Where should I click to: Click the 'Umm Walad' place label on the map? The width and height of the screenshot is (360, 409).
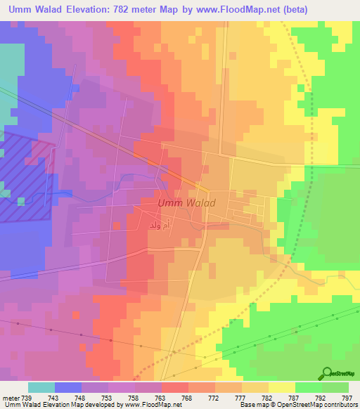pyautogui.click(x=186, y=203)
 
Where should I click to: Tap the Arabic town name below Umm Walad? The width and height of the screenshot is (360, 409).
pyautogui.click(x=159, y=226)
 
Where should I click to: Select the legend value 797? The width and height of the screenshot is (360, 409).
pyautogui.click(x=346, y=397)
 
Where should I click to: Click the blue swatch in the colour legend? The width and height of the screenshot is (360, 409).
pyautogui.click(x=68, y=387)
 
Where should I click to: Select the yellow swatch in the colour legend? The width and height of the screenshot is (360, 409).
pyautogui.click(x=282, y=387)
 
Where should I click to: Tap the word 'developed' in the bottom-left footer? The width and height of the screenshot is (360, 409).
pyautogui.click(x=89, y=405)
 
